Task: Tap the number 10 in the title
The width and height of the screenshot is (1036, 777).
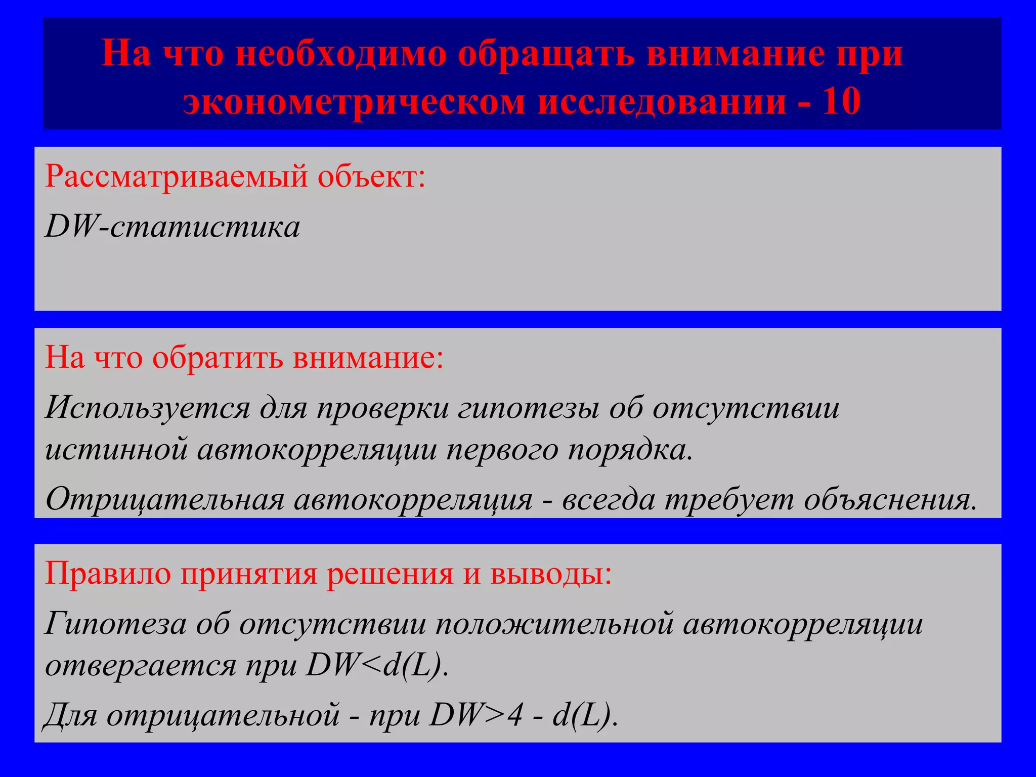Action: click(x=841, y=101)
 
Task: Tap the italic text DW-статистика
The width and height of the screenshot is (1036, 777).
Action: click(x=172, y=227)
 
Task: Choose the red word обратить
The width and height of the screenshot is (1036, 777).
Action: click(x=218, y=358)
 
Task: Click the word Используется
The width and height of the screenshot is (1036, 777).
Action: click(x=147, y=408)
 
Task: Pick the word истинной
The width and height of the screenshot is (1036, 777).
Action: click(x=116, y=449)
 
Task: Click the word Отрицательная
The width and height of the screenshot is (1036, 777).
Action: click(x=165, y=499)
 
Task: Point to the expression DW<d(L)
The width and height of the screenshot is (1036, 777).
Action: click(x=377, y=665)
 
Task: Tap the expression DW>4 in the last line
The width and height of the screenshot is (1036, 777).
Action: click(x=476, y=715)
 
